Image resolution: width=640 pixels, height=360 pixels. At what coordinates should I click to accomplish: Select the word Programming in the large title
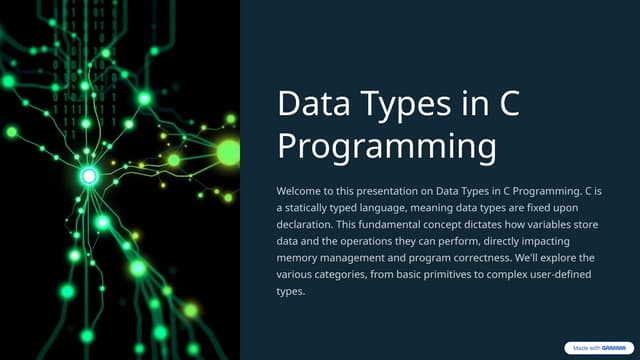point(386,146)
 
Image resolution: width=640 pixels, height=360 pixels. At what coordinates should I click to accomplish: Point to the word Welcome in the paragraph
point(302,188)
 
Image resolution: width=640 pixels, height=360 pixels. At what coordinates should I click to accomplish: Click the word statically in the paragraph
point(316,205)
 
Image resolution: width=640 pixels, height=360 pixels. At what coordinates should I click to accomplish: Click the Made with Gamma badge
point(598,348)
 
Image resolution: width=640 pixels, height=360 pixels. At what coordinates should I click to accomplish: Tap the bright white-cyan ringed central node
point(88,177)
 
